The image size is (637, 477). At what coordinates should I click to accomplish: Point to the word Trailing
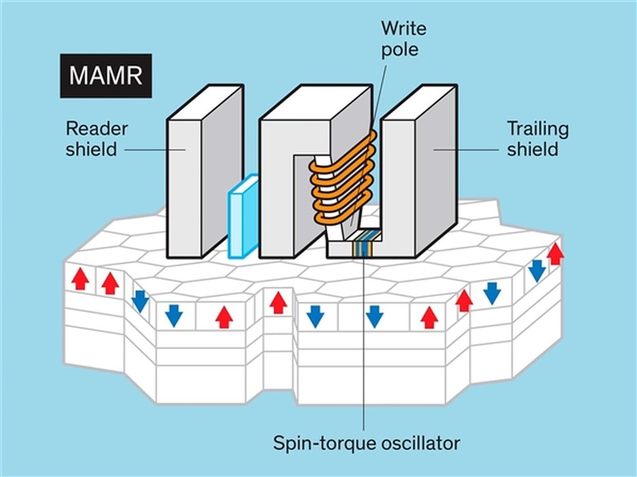point(537,129)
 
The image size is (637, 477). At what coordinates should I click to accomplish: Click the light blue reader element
point(242,215)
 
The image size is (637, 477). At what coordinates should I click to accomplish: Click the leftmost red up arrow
point(80,279)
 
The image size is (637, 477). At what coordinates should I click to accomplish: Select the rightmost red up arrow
point(556,253)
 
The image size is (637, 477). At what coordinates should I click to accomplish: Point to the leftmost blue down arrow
point(140,300)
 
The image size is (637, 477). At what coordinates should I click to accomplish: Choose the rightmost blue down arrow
point(537,269)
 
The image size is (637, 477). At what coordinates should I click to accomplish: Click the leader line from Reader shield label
point(151,149)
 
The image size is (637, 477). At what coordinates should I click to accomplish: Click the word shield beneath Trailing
point(532,149)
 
